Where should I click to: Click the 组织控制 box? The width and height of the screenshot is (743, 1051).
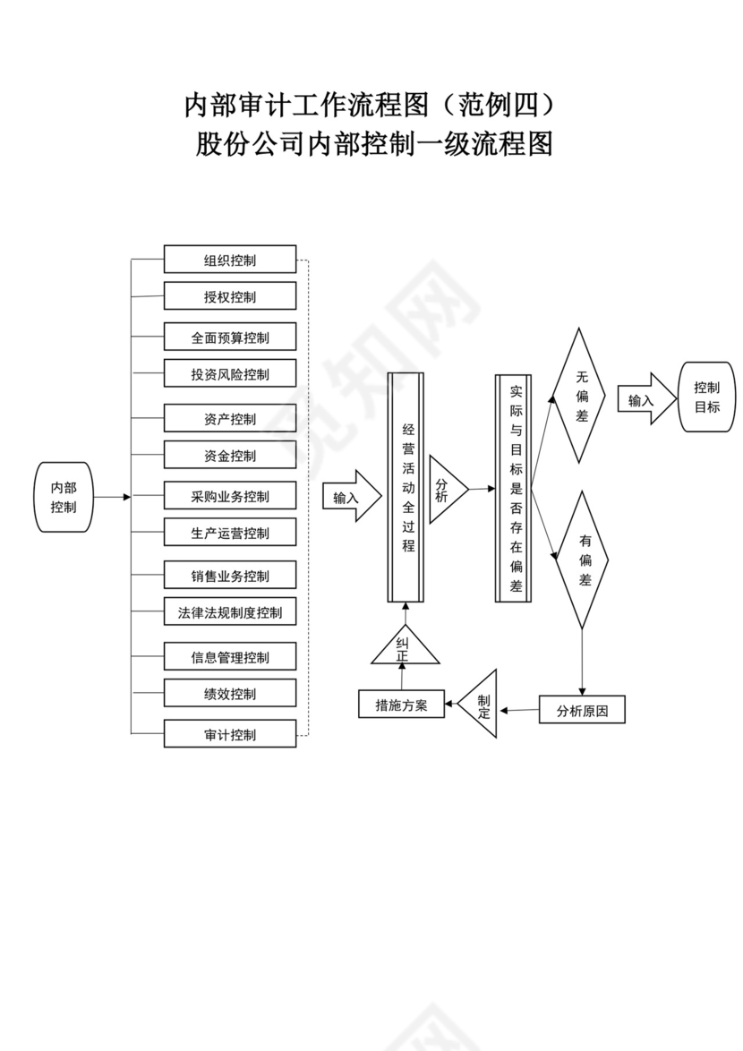229,260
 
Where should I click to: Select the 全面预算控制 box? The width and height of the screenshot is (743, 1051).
229,338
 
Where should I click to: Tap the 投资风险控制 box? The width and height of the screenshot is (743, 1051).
229,374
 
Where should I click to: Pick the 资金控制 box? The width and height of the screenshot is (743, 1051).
229,455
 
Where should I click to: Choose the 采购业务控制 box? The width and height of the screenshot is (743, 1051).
229,496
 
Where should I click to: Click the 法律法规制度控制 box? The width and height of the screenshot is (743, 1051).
229,612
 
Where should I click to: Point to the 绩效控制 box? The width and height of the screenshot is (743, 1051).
229,694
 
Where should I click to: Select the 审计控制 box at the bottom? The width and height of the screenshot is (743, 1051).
229,734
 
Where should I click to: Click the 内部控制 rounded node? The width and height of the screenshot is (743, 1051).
64,497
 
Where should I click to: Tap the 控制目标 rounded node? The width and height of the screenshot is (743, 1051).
707,397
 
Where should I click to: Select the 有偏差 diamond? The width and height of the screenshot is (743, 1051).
583,560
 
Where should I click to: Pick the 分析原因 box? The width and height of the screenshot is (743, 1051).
582,711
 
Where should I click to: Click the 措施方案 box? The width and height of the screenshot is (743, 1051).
401,705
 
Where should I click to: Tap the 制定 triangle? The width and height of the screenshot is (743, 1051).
482,705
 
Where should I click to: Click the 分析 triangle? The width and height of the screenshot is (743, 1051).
445,490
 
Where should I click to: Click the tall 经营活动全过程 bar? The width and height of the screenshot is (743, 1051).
405,488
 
